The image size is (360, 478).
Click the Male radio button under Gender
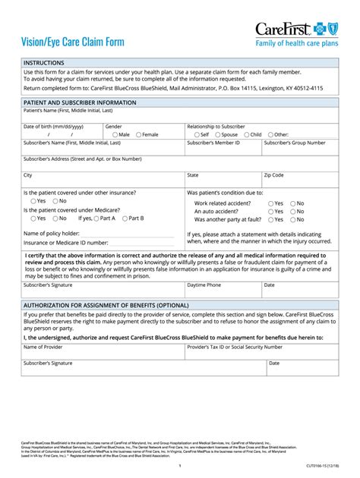[x=112, y=134]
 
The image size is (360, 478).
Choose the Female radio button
[x=137, y=134]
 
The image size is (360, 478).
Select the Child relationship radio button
[x=245, y=134]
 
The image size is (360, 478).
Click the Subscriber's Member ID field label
[x=213, y=143]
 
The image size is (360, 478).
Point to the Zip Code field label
[x=273, y=175]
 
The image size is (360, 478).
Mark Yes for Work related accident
[x=269, y=203]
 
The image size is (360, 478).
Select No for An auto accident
[x=292, y=212]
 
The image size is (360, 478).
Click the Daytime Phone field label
[x=204, y=285]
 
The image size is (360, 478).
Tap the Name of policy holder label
[x=51, y=233]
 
